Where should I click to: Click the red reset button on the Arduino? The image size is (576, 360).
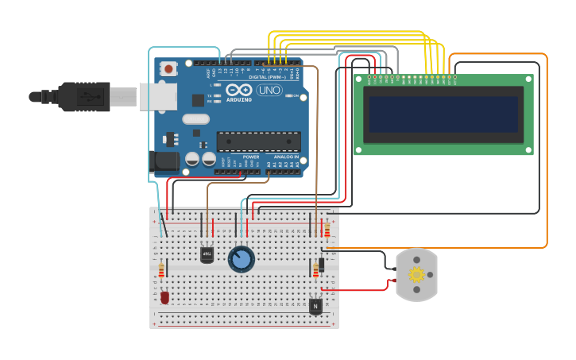(168, 69)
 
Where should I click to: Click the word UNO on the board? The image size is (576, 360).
(269, 90)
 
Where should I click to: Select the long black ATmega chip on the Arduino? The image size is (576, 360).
(259, 141)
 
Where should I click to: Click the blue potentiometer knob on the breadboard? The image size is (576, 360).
(241, 259)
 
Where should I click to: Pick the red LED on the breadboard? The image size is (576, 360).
(164, 297)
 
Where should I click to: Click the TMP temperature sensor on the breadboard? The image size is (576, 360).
(207, 254)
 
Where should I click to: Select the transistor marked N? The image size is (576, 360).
(315, 305)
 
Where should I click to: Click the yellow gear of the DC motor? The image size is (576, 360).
(416, 275)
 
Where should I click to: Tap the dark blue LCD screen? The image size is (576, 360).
(443, 114)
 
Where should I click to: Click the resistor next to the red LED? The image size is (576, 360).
(161, 271)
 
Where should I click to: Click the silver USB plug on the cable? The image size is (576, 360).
(157, 96)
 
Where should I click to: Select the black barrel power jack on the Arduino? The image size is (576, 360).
(164, 161)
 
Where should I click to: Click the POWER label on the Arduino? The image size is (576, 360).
(250, 157)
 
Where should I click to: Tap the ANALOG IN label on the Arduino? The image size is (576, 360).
(286, 157)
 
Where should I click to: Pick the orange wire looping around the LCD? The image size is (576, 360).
(547, 151)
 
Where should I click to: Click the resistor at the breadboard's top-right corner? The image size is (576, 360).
(327, 230)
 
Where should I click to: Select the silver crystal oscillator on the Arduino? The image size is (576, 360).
(195, 119)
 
